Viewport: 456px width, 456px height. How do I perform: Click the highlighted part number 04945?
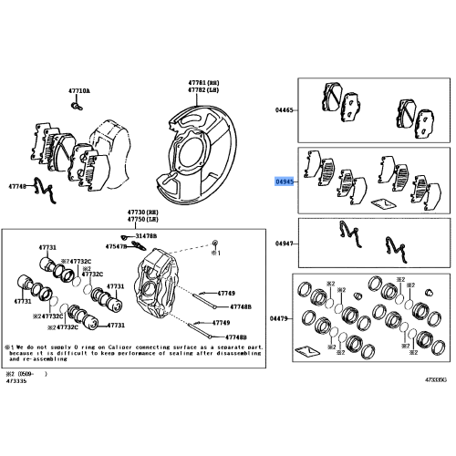tap(285, 181)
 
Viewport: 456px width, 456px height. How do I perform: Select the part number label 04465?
tap(285, 109)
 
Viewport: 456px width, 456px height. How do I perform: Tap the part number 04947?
tap(285, 244)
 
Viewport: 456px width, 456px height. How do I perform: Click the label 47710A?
tap(79, 91)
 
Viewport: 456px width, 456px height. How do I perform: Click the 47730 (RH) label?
tap(127, 210)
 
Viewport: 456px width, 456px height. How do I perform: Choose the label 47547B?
tap(117, 246)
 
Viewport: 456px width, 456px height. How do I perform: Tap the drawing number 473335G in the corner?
tap(434, 378)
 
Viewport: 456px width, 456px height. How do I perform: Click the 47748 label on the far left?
tap(19, 187)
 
